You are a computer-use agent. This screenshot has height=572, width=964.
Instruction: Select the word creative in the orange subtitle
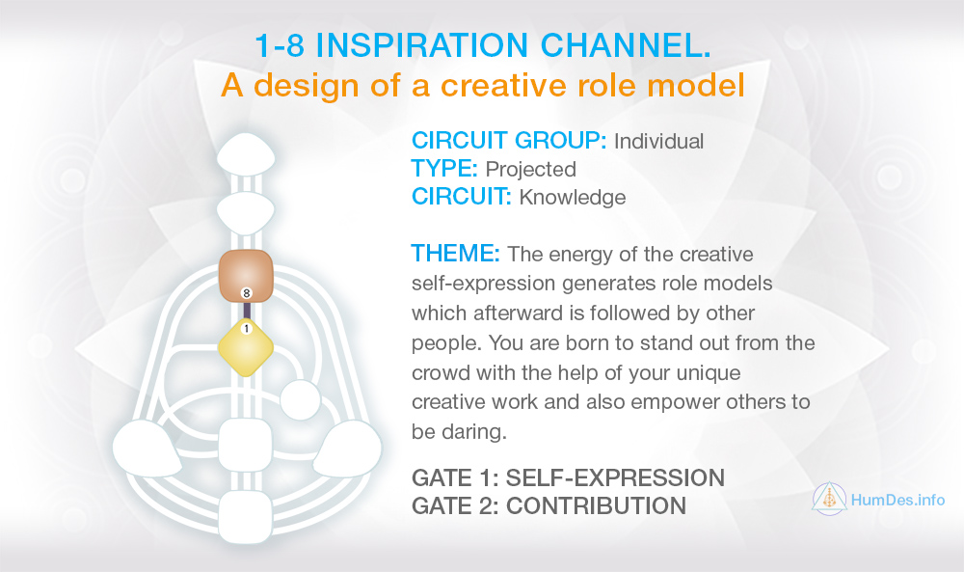504,85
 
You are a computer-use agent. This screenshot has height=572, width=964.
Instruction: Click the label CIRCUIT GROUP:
509,141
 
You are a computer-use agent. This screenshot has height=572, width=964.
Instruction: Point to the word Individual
659,142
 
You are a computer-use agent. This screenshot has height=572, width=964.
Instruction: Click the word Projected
530,169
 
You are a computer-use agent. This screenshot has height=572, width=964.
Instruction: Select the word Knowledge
573,198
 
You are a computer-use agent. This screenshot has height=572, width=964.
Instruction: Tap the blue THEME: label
456,253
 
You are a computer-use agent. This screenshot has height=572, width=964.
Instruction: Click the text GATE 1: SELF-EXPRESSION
568,477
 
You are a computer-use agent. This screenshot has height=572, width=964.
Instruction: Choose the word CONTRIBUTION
596,505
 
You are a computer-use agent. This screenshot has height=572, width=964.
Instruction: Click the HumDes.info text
897,500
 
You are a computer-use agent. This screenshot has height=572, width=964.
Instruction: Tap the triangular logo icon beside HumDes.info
829,499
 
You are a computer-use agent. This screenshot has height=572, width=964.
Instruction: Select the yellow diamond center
246,347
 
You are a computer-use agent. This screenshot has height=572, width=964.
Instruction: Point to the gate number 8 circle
247,293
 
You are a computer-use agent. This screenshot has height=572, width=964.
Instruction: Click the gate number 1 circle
247,329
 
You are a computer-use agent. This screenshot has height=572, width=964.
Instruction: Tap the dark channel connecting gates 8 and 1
247,312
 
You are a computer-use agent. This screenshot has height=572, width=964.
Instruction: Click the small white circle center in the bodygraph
300,400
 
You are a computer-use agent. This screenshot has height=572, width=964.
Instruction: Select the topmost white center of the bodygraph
246,154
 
